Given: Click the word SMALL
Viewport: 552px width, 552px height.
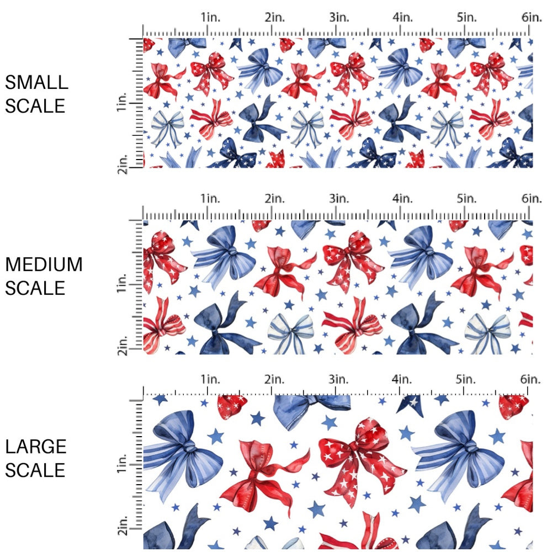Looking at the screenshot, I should tap(36, 83).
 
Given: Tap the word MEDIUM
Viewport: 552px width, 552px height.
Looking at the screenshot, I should tap(44, 265).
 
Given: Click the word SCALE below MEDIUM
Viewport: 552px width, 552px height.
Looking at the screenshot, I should tap(35, 288).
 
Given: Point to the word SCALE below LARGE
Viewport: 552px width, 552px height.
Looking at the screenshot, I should tap(35, 470).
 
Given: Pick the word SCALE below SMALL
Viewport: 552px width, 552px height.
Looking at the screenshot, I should tap(35, 106).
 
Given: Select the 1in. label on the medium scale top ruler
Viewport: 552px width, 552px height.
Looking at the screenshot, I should tap(210, 198).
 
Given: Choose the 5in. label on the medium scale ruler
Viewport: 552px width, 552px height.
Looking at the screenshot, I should tap(466, 198).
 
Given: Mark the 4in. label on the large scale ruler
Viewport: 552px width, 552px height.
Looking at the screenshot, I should tap(402, 379).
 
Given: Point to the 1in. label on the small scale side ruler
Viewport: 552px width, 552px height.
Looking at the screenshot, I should tap(123, 103).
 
